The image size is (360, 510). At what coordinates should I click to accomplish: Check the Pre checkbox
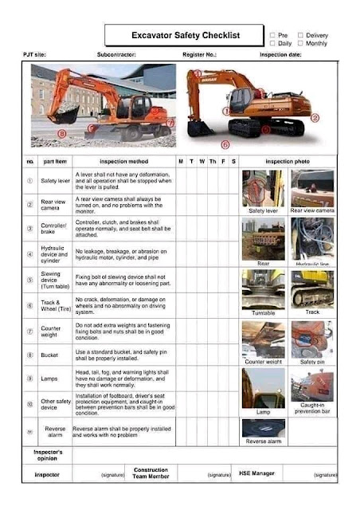(x=272, y=35)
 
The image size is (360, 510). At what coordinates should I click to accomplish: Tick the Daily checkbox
(x=272, y=43)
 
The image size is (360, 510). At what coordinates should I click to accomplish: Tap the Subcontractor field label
(x=116, y=55)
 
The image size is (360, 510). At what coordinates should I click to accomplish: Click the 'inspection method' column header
(x=123, y=162)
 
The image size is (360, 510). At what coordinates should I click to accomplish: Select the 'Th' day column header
(x=212, y=162)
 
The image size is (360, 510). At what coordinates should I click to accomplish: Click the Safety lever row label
(x=55, y=181)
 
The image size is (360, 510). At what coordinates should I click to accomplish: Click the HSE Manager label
(x=257, y=473)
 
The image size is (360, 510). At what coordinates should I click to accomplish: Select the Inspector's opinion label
(x=48, y=455)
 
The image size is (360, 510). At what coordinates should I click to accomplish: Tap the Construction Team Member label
(x=151, y=473)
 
